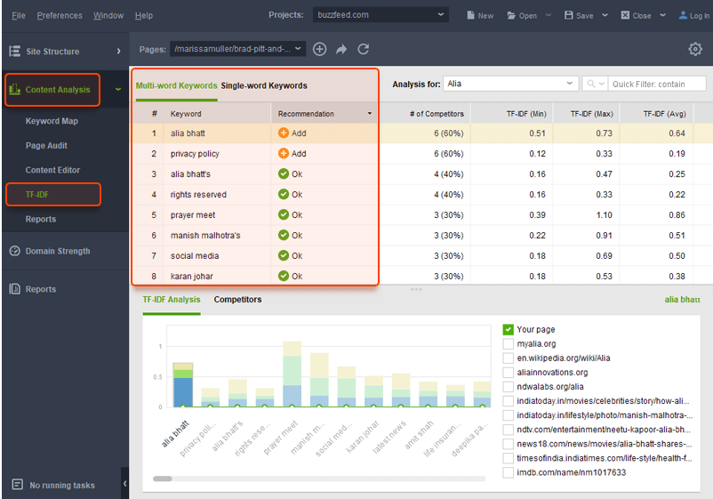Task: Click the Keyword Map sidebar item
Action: [52, 121]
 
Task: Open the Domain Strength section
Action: [57, 251]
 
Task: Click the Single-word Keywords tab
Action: [264, 85]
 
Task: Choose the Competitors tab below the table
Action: [237, 300]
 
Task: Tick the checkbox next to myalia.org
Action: [509, 344]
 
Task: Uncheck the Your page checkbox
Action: [509, 330]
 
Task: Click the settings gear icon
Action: [695, 50]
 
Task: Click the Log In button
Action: [694, 15]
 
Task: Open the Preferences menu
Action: [60, 15]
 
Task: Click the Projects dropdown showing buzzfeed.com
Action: [380, 15]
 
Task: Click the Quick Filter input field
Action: [656, 84]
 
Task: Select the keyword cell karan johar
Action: [192, 277]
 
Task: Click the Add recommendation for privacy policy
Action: [292, 154]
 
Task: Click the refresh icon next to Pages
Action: [363, 50]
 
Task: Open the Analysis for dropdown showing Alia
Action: [510, 84]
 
